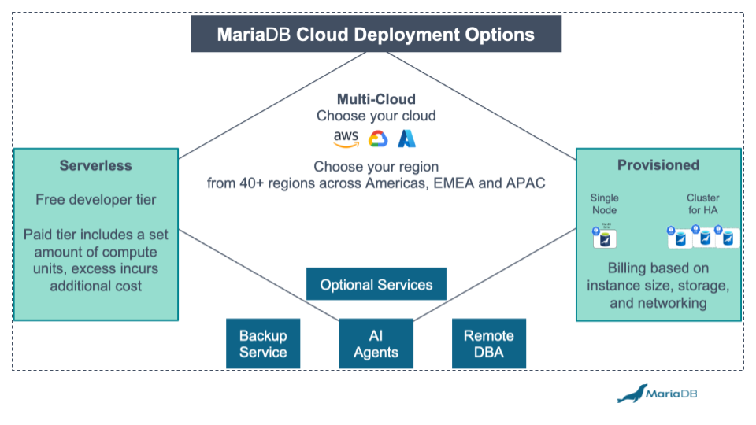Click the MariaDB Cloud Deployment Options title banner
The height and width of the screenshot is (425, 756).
pyautogui.click(x=376, y=35)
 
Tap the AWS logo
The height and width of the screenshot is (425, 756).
pyautogui.click(x=346, y=139)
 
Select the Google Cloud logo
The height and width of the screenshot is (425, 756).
pyautogui.click(x=377, y=139)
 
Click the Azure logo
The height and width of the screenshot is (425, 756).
pyautogui.click(x=406, y=139)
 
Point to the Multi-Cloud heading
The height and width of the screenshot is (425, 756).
pyautogui.click(x=376, y=99)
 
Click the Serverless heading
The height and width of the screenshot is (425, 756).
pyautogui.click(x=95, y=165)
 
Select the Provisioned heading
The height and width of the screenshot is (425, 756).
pyautogui.click(x=658, y=164)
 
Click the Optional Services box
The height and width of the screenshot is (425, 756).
pyautogui.click(x=376, y=284)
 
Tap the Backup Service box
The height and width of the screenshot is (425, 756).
pyautogui.click(x=263, y=344)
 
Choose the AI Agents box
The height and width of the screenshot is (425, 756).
pyautogui.click(x=376, y=344)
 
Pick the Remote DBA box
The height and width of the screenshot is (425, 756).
pyautogui.click(x=488, y=344)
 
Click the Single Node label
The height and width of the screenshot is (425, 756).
pyautogui.click(x=604, y=204)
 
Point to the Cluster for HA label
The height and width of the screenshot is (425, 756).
pyautogui.click(x=702, y=204)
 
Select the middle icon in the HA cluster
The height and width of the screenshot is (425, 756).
pyautogui.click(x=705, y=237)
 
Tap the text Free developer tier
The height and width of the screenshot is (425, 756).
pyautogui.click(x=95, y=200)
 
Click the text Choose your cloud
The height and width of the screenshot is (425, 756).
pyautogui.click(x=376, y=116)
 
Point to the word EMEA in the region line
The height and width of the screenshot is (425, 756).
pyautogui.click(x=462, y=184)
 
